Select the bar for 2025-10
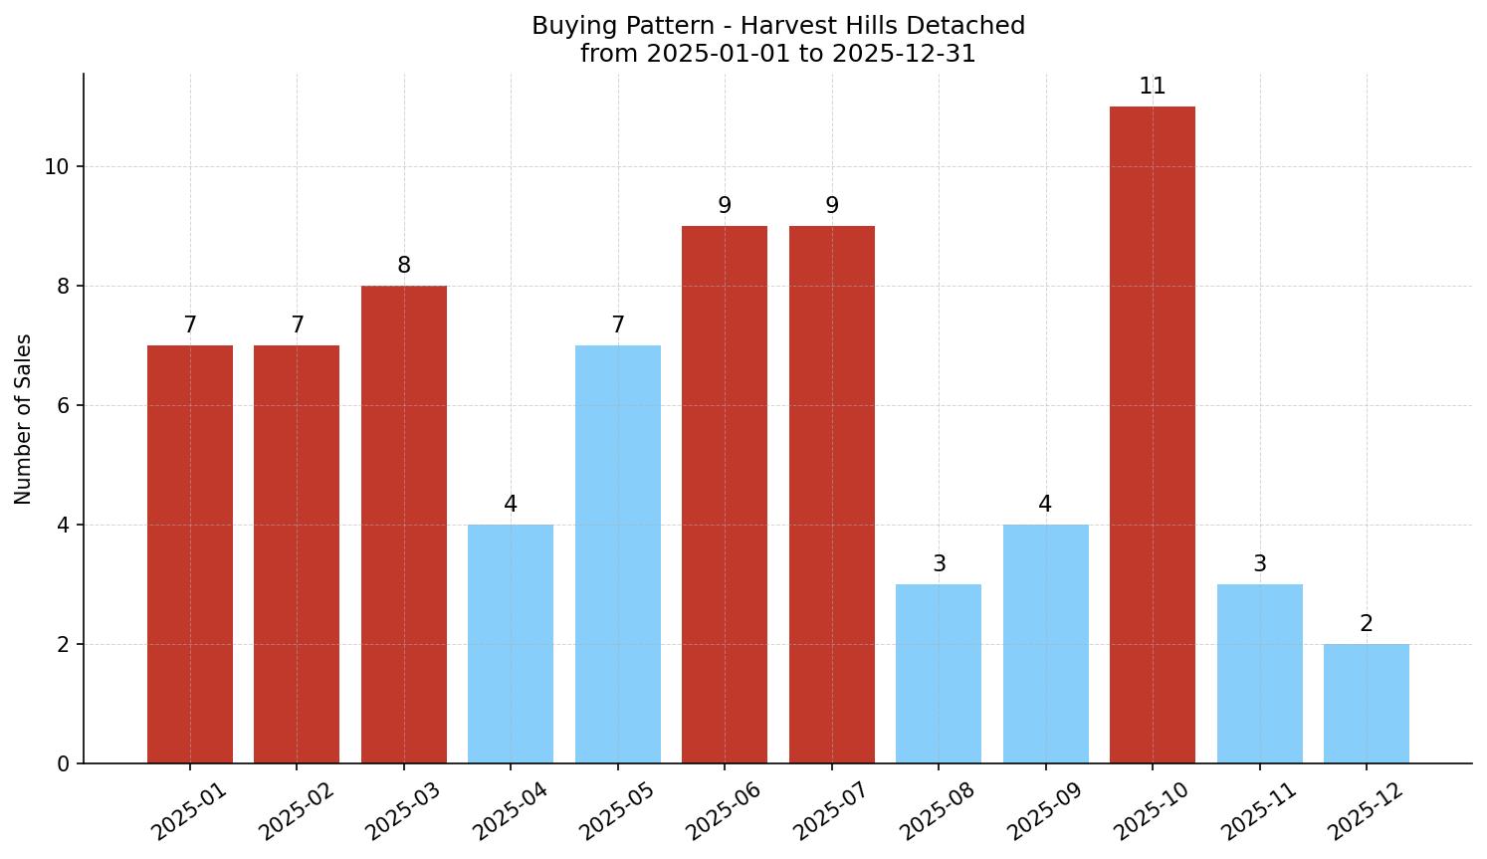click(1152, 434)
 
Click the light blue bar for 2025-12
click(1366, 703)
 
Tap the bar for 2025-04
click(510, 643)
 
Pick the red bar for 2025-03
click(403, 524)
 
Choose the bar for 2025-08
click(938, 673)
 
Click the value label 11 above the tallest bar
click(1152, 87)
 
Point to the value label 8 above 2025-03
click(403, 266)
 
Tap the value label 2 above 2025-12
click(1366, 624)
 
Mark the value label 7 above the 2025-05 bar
click(617, 325)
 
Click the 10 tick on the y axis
click(57, 167)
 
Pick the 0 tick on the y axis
click(64, 764)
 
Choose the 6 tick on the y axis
click(64, 406)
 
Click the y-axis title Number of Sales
click(24, 419)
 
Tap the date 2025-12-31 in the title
click(904, 54)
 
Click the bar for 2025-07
click(831, 494)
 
